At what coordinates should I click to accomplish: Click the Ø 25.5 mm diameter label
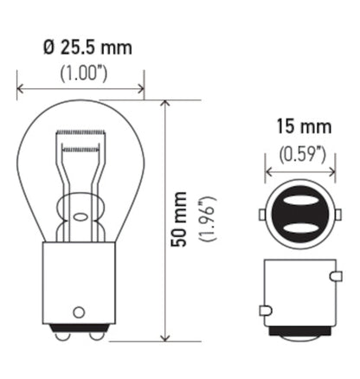(83, 48)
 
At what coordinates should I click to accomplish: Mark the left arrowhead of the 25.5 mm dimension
(21, 87)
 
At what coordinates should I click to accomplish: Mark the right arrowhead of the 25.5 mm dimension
(140, 87)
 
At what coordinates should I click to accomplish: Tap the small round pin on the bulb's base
(80, 311)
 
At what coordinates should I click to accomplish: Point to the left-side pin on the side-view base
(264, 309)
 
